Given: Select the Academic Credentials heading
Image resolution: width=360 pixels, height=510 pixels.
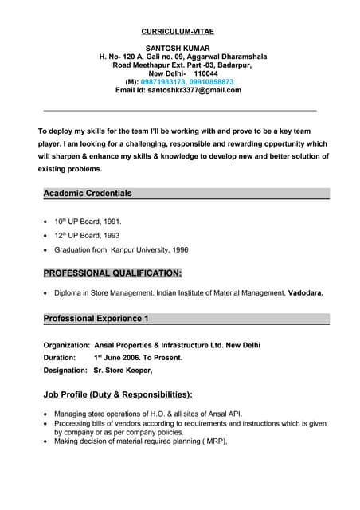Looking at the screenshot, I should point(88,194).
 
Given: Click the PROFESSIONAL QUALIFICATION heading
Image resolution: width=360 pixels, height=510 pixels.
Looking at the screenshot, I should point(112,273).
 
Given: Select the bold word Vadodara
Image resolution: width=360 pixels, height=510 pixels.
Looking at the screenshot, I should point(305,293).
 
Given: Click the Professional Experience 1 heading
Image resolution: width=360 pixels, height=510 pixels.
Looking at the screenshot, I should point(96,319).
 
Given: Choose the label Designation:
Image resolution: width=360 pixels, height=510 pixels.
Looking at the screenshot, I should point(65,371).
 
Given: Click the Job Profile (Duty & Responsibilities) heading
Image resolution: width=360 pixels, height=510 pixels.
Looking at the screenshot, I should point(118,394).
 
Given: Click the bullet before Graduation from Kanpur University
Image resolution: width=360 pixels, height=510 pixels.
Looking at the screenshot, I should point(45,251).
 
